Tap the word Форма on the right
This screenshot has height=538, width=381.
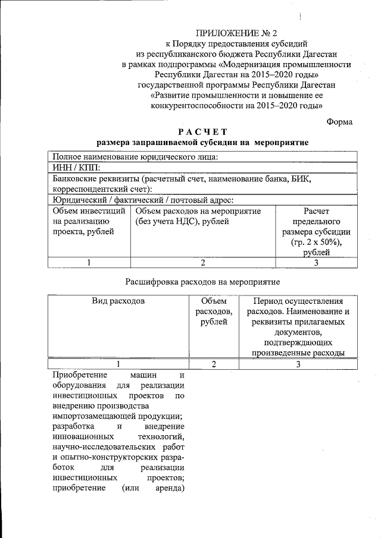340,121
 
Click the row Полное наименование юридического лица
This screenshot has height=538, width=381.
136,156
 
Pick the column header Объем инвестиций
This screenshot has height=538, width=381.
89,210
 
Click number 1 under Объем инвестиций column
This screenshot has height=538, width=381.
88,263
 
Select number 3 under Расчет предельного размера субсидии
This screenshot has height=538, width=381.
317,263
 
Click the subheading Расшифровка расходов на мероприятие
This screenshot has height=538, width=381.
203,281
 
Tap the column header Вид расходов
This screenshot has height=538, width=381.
118,301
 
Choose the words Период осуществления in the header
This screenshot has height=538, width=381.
298,301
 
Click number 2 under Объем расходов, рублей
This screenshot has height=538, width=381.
213,364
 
